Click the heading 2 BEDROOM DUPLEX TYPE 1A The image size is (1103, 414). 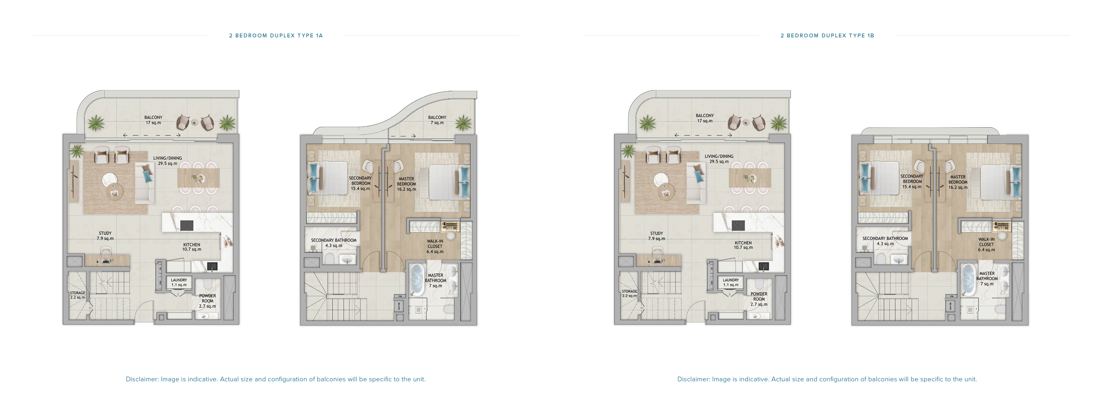(276, 36)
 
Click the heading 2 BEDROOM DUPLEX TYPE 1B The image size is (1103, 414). (827, 36)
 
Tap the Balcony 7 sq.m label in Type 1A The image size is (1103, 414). (437, 120)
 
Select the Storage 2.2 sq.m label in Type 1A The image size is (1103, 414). (78, 295)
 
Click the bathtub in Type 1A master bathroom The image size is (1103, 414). (417, 280)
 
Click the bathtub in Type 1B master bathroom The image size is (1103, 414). (968, 280)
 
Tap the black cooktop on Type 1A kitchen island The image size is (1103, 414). (187, 225)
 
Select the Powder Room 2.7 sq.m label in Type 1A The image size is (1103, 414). (207, 301)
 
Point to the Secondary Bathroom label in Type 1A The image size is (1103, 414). (334, 243)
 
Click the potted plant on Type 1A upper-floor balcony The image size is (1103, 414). (463, 123)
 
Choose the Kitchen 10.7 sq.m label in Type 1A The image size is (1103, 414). (191, 247)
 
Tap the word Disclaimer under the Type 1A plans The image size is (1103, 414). (142, 379)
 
